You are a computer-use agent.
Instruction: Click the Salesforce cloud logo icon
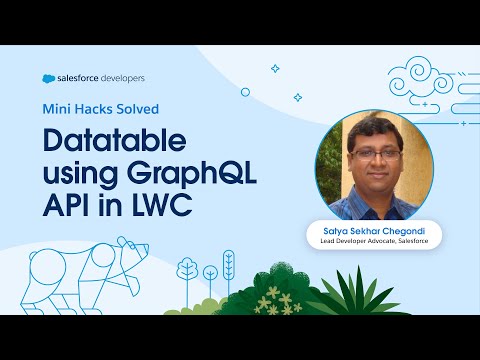coord(50,78)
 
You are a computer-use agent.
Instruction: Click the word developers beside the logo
coord(130,78)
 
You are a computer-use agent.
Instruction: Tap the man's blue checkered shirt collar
coord(372,194)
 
